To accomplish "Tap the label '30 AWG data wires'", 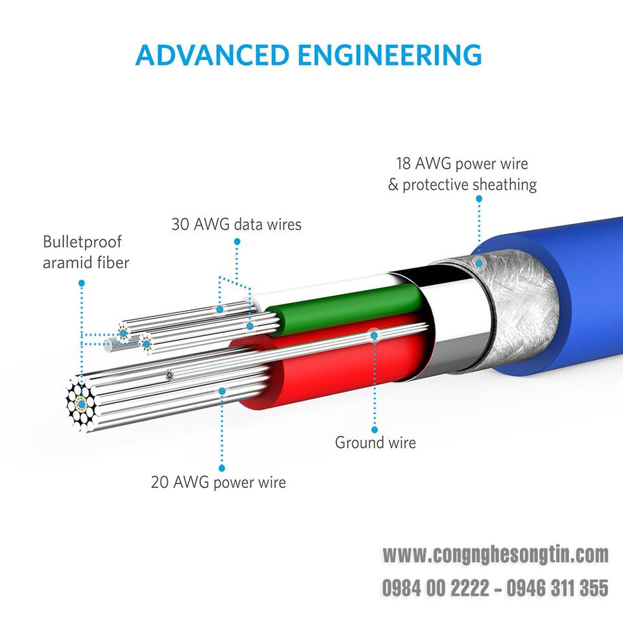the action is (x=236, y=225).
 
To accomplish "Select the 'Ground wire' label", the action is (x=376, y=443).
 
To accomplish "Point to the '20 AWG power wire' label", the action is (x=219, y=482).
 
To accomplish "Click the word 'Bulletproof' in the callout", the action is (x=82, y=242).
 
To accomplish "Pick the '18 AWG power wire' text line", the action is (x=462, y=164).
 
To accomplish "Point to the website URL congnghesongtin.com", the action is (x=495, y=555).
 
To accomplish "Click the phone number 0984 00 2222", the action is (x=435, y=588).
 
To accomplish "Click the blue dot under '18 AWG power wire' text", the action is (x=479, y=199).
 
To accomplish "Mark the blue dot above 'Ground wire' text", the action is (x=374, y=430).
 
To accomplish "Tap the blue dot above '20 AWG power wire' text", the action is (x=222, y=469).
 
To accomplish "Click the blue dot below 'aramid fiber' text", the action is (x=82, y=284).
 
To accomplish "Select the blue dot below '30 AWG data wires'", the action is (x=238, y=241).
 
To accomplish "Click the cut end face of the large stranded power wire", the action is (x=82, y=404).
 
